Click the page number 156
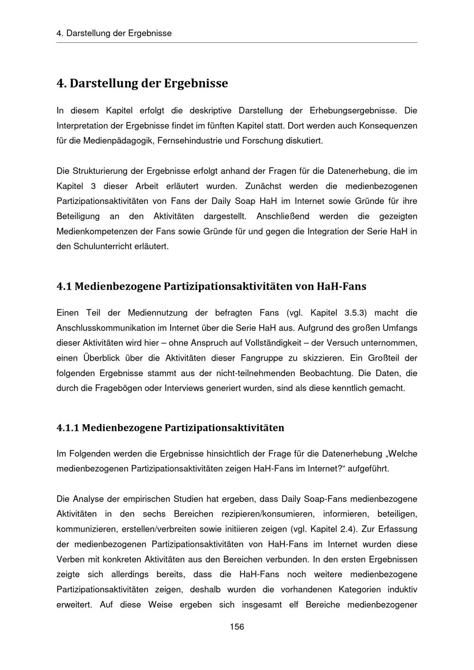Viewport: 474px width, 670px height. [x=237, y=627]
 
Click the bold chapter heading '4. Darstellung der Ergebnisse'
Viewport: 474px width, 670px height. [x=142, y=83]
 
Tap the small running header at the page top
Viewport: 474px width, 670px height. [x=114, y=33]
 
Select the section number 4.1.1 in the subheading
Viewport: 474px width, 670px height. [x=67, y=428]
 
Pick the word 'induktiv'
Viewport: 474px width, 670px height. [x=402, y=589]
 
